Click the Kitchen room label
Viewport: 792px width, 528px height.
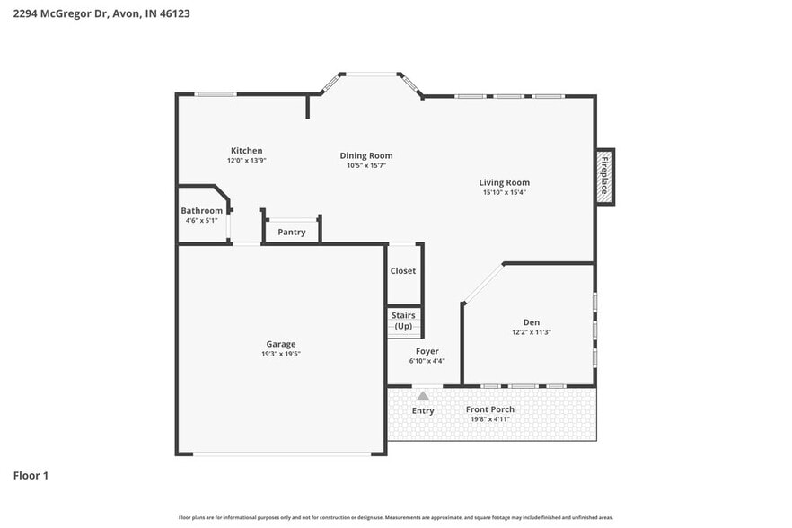tap(246, 151)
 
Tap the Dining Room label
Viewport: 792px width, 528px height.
tap(365, 155)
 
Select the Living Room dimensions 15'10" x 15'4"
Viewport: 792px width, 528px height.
tap(504, 192)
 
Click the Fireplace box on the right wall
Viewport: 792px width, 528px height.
tap(604, 177)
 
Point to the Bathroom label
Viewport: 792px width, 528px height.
tap(201, 211)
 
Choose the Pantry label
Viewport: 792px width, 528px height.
tap(291, 232)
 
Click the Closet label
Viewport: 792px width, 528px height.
tap(403, 271)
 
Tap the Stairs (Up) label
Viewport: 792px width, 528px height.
tap(403, 321)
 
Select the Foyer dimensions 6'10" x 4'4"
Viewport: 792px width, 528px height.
tap(427, 361)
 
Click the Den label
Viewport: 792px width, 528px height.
tap(531, 322)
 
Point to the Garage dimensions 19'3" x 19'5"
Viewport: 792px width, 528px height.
tap(280, 354)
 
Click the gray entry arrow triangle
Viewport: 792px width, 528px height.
tap(423, 395)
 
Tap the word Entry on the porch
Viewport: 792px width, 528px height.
tap(423, 411)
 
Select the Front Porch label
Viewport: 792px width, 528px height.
tap(490, 409)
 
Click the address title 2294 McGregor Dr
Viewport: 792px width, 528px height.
tap(101, 13)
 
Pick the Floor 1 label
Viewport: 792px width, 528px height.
tap(31, 475)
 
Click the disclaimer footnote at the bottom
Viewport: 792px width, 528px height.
tap(396, 517)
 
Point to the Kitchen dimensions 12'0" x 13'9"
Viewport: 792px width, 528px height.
tap(246, 161)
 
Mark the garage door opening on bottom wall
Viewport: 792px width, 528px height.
tap(281, 453)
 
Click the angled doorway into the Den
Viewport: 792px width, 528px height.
tap(482, 283)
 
